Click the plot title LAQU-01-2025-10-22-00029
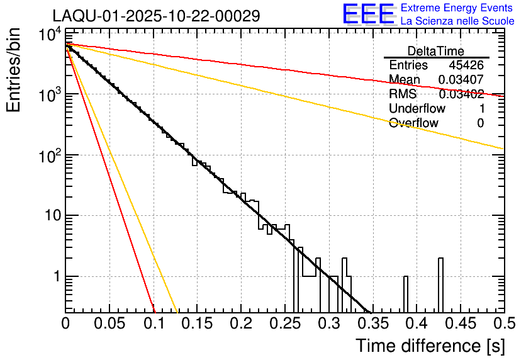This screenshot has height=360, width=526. click(156, 16)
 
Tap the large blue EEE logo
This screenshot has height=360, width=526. click(369, 14)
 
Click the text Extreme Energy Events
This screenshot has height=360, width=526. click(457, 8)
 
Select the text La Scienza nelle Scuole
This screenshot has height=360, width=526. click(457, 21)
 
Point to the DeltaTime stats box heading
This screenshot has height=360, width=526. click(436, 51)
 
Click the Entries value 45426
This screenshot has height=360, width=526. click(466, 65)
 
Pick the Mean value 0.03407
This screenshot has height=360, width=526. click(461, 79)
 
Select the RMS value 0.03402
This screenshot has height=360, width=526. click(461, 94)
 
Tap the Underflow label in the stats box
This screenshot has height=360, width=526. click(417, 109)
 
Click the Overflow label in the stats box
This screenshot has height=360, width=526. click(413, 123)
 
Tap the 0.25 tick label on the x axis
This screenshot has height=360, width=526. click(285, 323)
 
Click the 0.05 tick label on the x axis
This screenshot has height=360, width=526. click(109, 323)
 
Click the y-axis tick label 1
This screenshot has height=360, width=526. click(55, 277)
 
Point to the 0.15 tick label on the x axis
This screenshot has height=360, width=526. click(198, 323)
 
